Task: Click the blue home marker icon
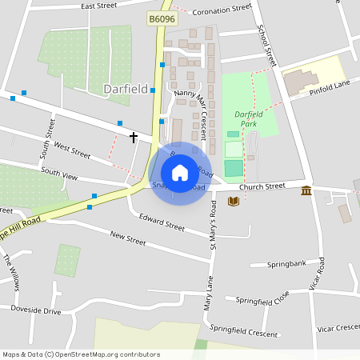[x=180, y=173]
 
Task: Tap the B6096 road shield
[x=162, y=17]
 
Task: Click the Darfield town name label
[x=126, y=89]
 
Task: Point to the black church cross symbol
[x=134, y=138]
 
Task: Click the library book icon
[x=234, y=201]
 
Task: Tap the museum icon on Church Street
[x=306, y=190]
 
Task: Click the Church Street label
[x=262, y=186]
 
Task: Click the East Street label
[x=98, y=6]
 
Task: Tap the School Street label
[x=267, y=46]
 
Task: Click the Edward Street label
[x=162, y=222]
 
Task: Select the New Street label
[x=128, y=238]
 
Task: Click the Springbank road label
[x=286, y=263]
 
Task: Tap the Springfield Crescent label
[x=243, y=329]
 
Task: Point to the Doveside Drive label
[x=36, y=310]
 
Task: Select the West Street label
[x=73, y=149]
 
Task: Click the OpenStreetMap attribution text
[x=81, y=354]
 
